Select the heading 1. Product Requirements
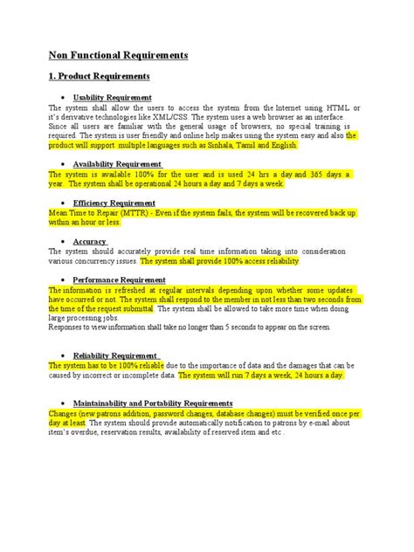(x=100, y=77)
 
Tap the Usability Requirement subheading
(x=113, y=97)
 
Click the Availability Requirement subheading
(x=117, y=164)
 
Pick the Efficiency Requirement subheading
(x=114, y=203)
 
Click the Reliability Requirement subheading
(x=115, y=355)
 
